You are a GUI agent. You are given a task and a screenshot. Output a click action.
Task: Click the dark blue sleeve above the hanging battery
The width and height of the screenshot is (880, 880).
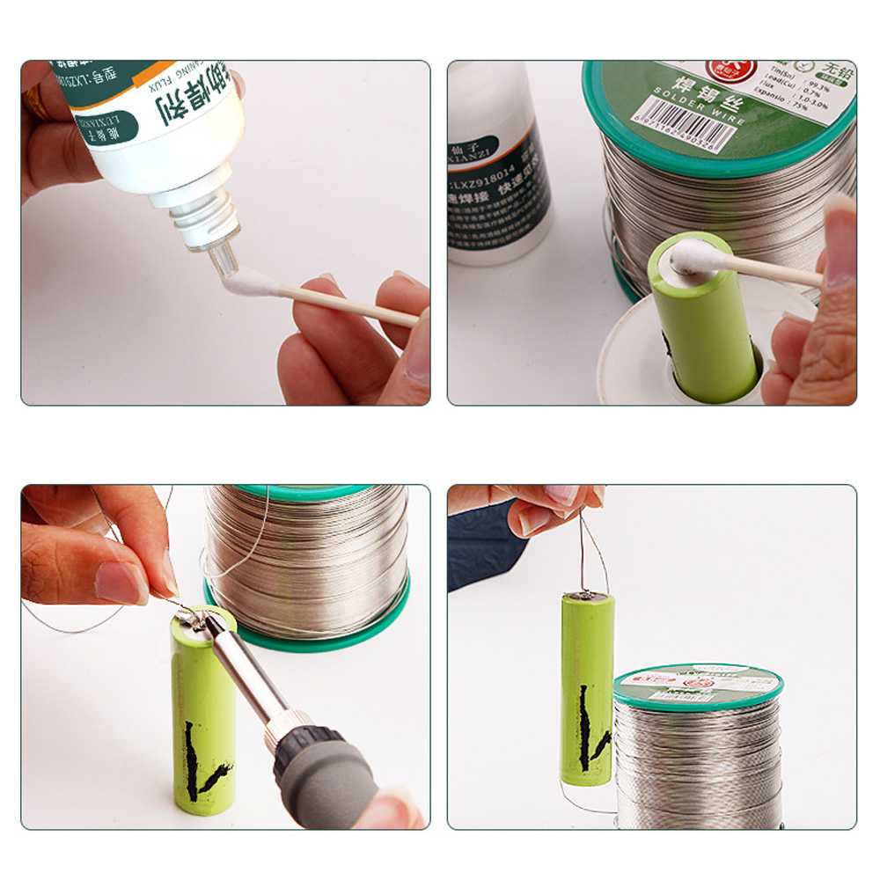point(480,541)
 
